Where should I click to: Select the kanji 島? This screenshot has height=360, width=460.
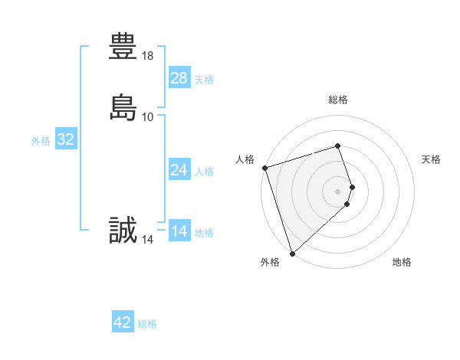123,106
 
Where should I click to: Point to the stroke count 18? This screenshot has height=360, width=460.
148,56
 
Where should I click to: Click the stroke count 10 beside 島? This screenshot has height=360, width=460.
148,116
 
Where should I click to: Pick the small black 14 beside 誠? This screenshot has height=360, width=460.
148,240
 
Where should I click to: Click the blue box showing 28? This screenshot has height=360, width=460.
179,78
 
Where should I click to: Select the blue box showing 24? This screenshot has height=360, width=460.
179,170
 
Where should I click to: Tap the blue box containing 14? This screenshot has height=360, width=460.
179,231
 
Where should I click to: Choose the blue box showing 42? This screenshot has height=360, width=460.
123,322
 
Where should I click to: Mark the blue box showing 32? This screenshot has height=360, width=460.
65,139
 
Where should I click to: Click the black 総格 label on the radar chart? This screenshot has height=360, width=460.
338,100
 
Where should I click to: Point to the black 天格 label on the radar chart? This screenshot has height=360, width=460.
432,159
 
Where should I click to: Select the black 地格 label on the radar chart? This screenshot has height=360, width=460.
402,262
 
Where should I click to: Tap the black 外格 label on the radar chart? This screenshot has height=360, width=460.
270,262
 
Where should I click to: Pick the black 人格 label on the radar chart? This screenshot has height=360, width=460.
245,159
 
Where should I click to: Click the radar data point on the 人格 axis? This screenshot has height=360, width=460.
264,168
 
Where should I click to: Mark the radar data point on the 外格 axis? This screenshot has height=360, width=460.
291,252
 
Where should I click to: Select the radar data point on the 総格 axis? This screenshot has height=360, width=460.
338,146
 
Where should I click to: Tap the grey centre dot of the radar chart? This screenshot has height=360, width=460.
338,191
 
